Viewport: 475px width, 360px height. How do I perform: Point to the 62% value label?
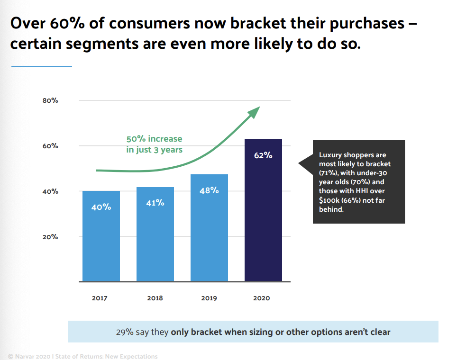[x=263, y=155]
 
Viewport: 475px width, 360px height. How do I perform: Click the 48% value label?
[x=209, y=190]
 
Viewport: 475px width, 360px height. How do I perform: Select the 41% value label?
[x=155, y=203]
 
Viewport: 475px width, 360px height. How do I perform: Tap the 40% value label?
[x=101, y=207]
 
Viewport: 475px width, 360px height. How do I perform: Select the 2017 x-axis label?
[x=100, y=298]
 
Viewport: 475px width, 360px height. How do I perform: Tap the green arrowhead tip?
[x=258, y=108]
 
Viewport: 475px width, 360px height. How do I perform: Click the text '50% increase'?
[x=154, y=139]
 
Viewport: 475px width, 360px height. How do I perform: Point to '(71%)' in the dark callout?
[x=328, y=173]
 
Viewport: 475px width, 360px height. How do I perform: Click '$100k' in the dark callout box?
[x=329, y=200]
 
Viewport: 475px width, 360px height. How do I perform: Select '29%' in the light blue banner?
[x=124, y=332]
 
